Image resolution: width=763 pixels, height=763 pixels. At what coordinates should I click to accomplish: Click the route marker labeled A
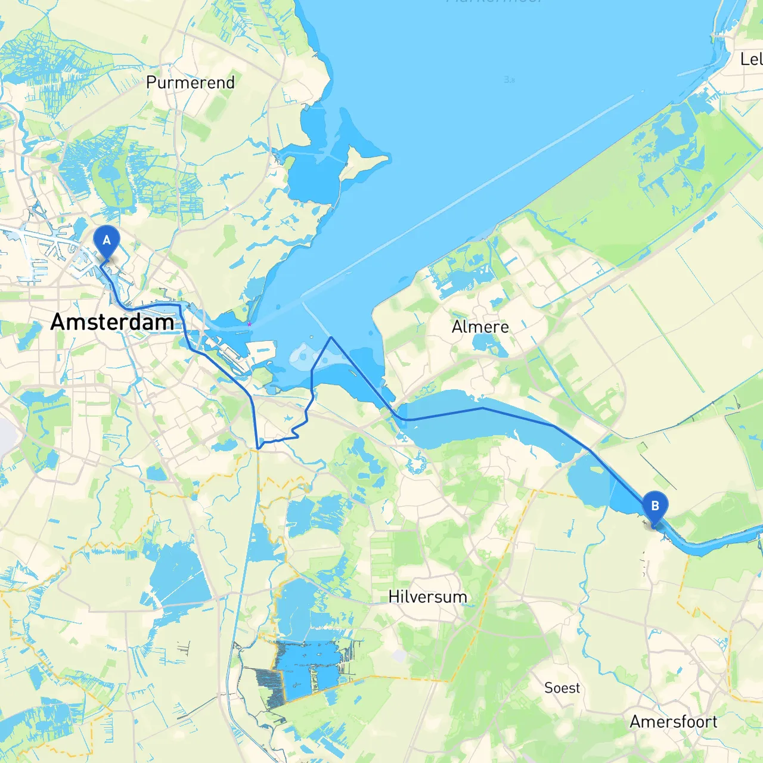107,241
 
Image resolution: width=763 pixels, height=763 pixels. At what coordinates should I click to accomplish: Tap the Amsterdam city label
112,322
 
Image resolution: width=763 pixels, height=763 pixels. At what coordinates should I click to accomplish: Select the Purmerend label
190,82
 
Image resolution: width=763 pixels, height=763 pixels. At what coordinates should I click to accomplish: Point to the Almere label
480,327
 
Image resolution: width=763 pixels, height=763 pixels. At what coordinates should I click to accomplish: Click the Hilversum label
427,597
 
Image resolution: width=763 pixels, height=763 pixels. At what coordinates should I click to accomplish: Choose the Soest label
562,688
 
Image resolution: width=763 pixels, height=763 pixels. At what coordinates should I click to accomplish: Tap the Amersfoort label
674,722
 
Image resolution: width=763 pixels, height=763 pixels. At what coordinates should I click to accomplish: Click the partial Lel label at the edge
750,59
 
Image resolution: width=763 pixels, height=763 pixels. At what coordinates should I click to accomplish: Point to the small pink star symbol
249,324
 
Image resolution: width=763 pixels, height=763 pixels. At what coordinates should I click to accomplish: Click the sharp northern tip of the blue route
331,337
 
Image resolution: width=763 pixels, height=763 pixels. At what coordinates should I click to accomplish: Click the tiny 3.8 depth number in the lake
509,79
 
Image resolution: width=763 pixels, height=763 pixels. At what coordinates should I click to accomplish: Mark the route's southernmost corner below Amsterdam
258,448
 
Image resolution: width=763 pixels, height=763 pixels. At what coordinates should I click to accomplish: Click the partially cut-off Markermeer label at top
495,2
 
